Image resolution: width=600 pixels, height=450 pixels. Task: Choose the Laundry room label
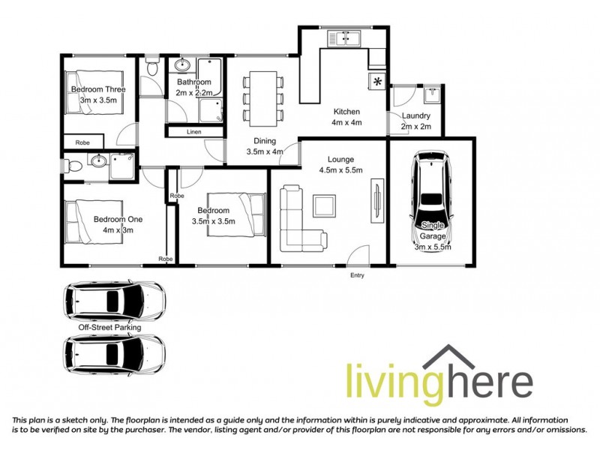coord(415,121)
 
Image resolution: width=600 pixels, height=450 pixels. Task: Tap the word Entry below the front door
coord(357,276)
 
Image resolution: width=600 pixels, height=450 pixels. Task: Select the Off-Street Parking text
coord(109,328)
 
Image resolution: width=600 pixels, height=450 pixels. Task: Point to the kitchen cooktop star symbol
coord(376,81)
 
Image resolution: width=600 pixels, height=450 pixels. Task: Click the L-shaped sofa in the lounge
coord(300,220)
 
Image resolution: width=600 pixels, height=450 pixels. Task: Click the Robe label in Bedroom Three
coord(83,142)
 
